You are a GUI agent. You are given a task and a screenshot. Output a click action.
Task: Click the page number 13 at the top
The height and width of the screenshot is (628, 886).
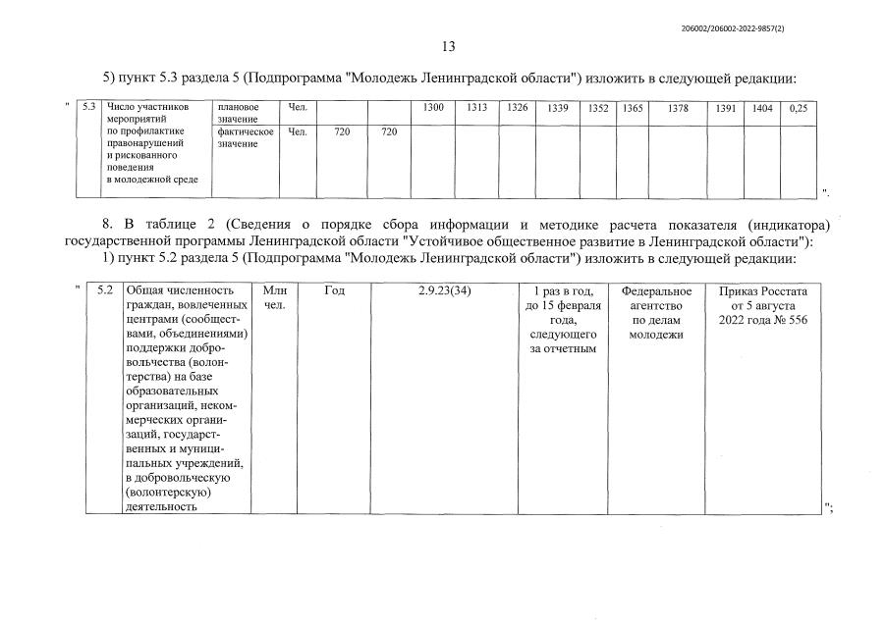[448, 46]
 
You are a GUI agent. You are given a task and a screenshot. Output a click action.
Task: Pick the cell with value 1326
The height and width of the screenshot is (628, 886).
[518, 108]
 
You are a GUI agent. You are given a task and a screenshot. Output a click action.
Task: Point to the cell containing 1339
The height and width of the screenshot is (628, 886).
[558, 108]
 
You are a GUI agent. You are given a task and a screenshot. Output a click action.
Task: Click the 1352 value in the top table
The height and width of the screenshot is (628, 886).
[598, 108]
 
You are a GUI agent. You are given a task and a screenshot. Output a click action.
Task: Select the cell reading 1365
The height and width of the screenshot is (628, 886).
[632, 108]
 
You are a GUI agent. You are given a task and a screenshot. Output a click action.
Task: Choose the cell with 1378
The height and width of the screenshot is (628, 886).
[678, 108]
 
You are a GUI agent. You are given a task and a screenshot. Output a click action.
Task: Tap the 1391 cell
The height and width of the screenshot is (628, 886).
[726, 108]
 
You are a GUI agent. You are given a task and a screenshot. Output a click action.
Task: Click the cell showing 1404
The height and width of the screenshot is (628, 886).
[762, 108]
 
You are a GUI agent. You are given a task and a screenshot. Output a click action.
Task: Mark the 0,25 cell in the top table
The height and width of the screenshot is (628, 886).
[799, 108]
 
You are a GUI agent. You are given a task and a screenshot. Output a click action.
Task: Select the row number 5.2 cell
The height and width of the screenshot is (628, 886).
[106, 290]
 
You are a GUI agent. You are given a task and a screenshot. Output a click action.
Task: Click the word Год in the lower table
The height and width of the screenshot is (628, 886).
[334, 290]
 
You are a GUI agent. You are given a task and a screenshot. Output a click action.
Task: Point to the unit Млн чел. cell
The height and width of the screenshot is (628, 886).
[274, 297]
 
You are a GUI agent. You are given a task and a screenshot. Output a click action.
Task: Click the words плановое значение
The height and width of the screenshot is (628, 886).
[238, 112]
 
